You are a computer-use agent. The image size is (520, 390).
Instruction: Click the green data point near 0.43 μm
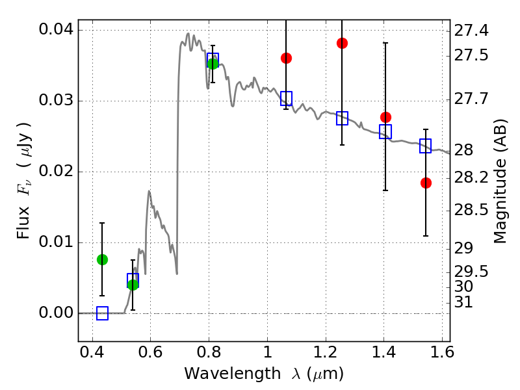pyautogui.click(x=102, y=259)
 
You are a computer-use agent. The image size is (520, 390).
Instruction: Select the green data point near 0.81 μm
pyautogui.click(x=213, y=63)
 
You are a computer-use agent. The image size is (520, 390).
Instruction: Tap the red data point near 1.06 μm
pyautogui.click(x=286, y=58)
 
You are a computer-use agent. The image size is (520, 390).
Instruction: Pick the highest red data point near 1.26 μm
pyautogui.click(x=342, y=43)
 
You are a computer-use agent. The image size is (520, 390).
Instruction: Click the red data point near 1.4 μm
pyautogui.click(x=385, y=117)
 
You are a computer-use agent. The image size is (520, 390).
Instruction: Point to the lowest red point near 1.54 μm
pyautogui.click(x=426, y=183)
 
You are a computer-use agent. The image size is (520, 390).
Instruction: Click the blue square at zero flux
pyautogui.click(x=102, y=313)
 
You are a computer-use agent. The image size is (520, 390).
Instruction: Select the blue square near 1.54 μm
pyautogui.click(x=426, y=146)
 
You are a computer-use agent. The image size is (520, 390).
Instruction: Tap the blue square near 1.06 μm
pyautogui.click(x=286, y=99)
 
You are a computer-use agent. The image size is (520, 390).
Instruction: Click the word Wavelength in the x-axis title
pyautogui.click(x=222, y=374)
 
